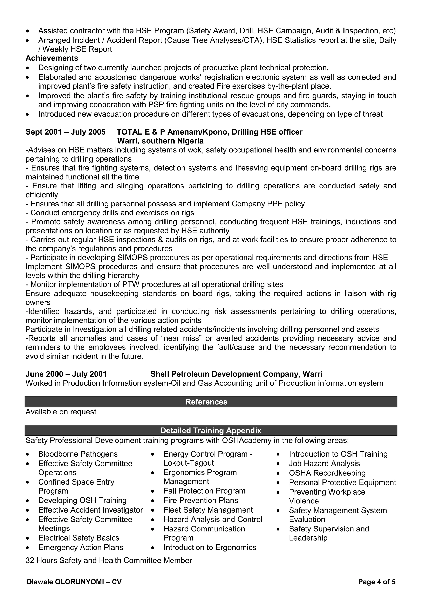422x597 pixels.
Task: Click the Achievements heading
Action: (x=52, y=58)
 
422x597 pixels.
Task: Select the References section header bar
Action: (x=211, y=402)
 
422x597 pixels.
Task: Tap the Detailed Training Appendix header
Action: (x=211, y=430)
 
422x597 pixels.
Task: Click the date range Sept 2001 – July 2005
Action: (x=66, y=132)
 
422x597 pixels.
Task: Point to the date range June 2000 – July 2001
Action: (x=66, y=374)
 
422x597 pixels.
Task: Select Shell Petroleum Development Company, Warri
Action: (x=236, y=374)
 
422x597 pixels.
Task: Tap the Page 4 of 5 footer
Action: (x=376, y=582)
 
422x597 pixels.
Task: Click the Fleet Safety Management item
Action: (x=208, y=510)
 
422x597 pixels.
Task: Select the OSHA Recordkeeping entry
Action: (x=327, y=473)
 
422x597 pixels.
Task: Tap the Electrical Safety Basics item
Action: (x=79, y=538)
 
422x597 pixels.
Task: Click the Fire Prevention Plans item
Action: (x=200, y=500)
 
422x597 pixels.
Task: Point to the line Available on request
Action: (x=61, y=412)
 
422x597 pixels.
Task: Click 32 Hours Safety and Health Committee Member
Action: (x=109, y=560)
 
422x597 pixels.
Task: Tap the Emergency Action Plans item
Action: (x=81, y=547)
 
